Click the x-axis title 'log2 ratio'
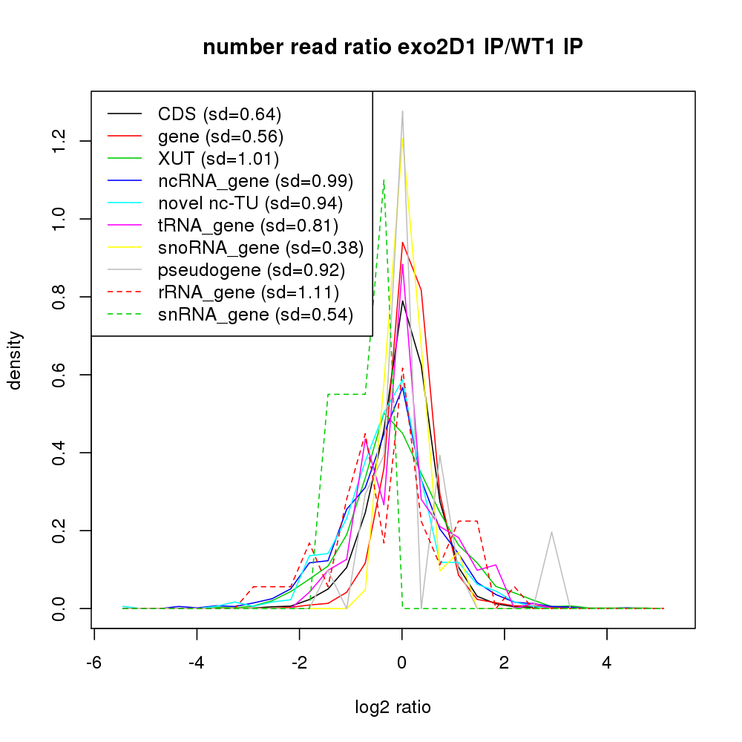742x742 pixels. (x=393, y=707)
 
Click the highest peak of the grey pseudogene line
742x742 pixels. (x=402, y=111)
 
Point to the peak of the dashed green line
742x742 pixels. (x=384, y=180)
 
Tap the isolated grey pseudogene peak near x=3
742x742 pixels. (x=551, y=532)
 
